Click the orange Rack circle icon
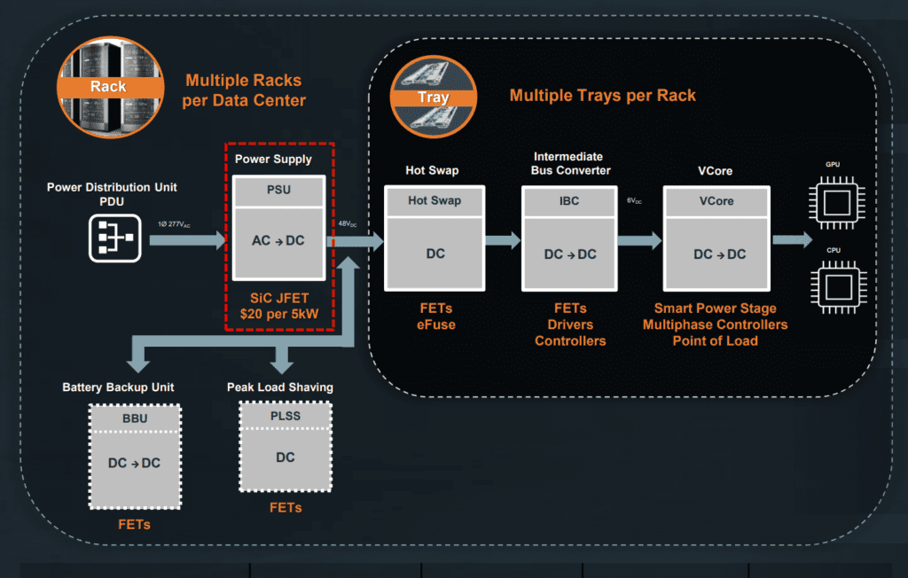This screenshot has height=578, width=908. point(108,76)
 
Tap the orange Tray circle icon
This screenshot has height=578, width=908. point(434,98)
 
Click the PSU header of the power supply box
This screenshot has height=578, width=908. point(279,189)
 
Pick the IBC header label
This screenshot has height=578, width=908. point(569,201)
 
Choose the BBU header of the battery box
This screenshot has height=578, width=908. point(135,418)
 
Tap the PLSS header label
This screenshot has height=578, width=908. point(285,416)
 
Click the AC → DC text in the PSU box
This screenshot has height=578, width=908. point(279,241)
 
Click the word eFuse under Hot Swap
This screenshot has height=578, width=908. point(434,324)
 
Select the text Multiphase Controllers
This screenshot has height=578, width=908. point(715,324)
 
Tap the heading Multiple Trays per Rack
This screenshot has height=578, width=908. point(603,95)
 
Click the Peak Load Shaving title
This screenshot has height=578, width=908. point(279,387)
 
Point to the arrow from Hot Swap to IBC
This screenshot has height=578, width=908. point(503,238)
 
